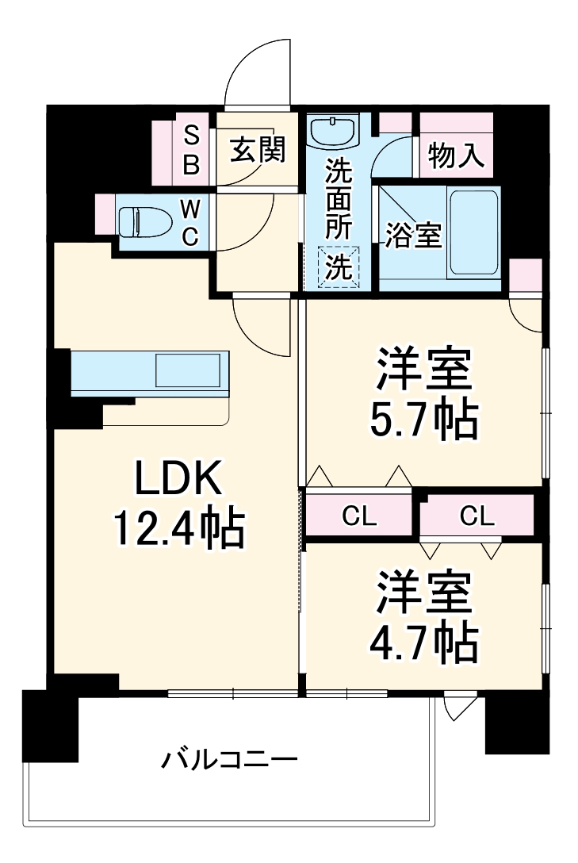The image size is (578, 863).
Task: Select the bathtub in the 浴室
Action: pos(473,234)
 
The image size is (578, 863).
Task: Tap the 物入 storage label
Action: pos(456,155)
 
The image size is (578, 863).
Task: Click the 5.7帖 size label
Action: pos(424,420)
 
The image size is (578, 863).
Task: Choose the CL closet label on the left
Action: pos(359,517)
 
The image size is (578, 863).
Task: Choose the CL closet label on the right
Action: pos(477,517)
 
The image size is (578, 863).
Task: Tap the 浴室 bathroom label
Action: pos(413,236)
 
